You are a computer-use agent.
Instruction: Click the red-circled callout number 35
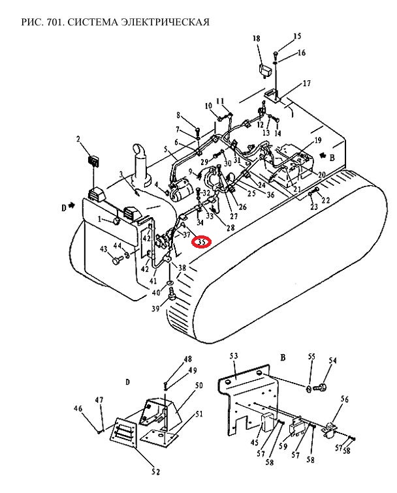[201, 242]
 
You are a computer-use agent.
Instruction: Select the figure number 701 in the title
[55, 22]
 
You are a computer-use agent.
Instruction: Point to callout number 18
[256, 40]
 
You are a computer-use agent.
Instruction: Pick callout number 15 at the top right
[297, 36]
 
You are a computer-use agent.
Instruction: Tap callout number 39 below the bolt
[155, 308]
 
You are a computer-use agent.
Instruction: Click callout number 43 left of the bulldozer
[103, 250]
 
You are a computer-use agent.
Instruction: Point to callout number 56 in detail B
[345, 399]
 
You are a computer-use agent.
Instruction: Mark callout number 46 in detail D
[78, 408]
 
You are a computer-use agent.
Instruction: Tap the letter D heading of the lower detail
[128, 381]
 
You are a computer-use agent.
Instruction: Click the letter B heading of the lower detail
[283, 357]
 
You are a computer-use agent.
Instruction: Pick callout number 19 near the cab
[317, 140]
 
